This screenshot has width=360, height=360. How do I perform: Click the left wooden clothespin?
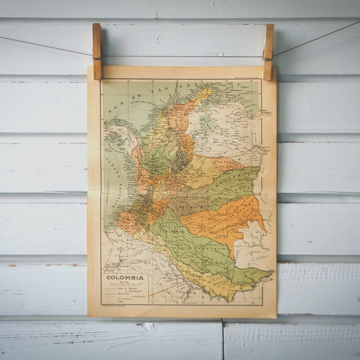[x=97, y=51]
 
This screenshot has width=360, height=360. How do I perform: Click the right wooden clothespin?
[x=268, y=51]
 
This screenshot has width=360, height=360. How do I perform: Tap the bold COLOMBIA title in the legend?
[x=125, y=278]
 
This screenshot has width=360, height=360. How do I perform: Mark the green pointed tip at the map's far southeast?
[x=264, y=275]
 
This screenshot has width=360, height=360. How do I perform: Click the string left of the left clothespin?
[x=48, y=46]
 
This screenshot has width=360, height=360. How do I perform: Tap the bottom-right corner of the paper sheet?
[x=275, y=316]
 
